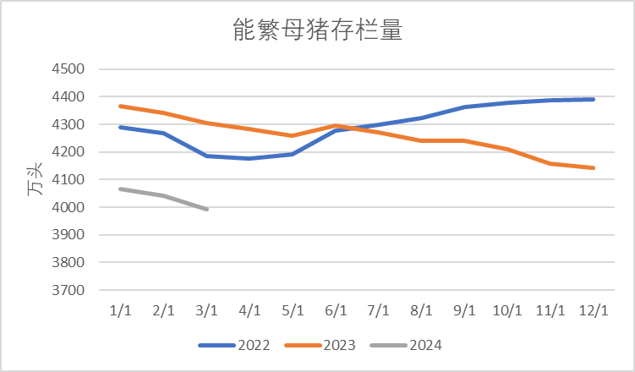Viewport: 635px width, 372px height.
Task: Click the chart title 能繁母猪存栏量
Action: tap(317, 31)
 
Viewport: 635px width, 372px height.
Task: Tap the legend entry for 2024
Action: tap(415, 345)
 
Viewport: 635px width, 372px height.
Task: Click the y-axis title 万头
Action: tap(35, 180)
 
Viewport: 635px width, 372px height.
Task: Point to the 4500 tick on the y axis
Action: tap(70, 69)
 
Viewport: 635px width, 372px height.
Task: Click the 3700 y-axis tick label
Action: tap(70, 290)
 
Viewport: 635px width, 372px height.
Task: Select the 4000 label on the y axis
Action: tap(70, 207)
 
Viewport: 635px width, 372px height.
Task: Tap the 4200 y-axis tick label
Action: tap(70, 152)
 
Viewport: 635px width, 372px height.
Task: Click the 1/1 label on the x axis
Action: tap(120, 310)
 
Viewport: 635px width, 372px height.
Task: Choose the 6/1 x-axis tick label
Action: tap(336, 310)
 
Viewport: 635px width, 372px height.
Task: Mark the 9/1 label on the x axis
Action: tap(465, 310)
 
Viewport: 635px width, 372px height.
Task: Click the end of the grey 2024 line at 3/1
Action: tap(206, 209)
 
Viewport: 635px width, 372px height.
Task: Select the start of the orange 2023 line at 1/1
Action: tap(120, 107)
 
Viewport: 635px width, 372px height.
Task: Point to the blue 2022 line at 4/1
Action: tap(249, 158)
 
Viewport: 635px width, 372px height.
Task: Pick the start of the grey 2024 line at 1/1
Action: tap(120, 189)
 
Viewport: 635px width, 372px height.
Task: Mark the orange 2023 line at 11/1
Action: tap(551, 163)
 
